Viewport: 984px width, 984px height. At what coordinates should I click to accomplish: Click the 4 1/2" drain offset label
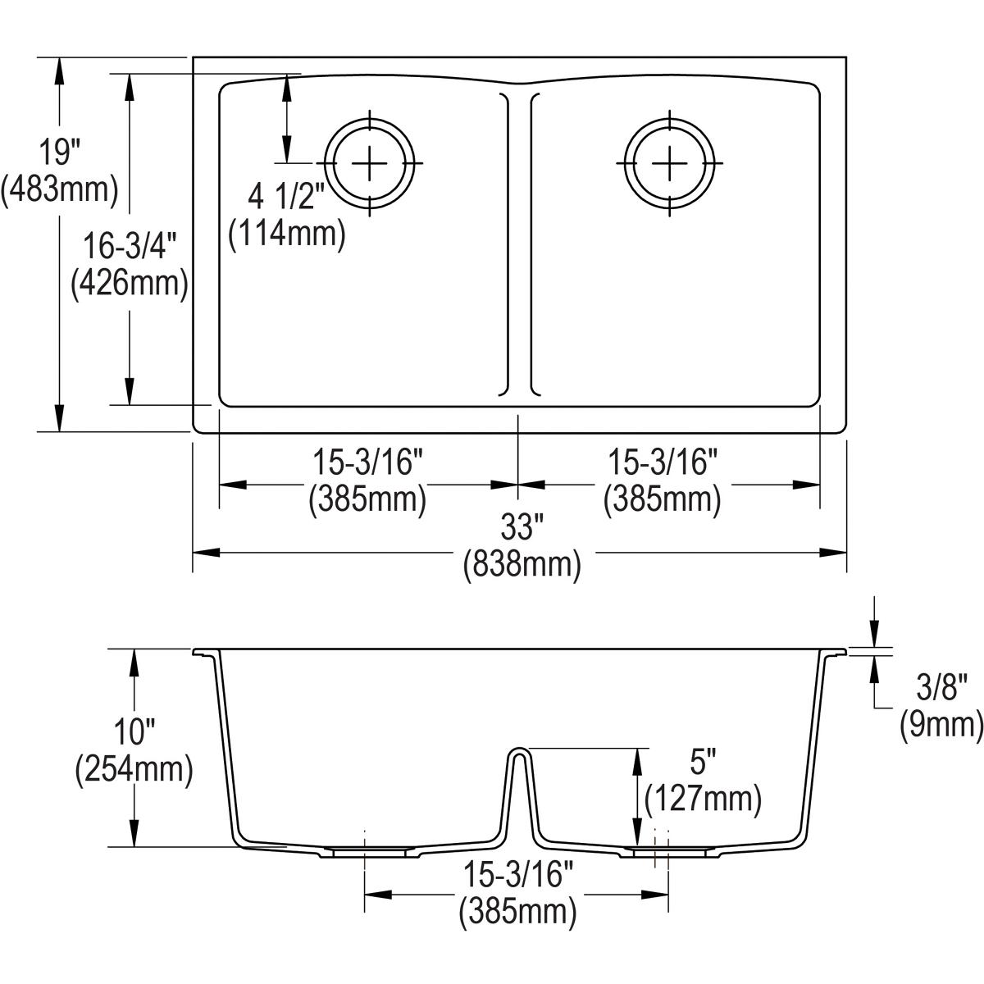click(286, 198)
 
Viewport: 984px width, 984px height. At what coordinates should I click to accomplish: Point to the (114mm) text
click(286, 234)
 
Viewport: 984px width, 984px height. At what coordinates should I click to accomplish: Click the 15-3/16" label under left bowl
click(367, 462)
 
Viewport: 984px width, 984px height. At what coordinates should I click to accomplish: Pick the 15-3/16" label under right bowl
click(663, 462)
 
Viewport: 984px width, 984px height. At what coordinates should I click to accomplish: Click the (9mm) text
click(941, 723)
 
